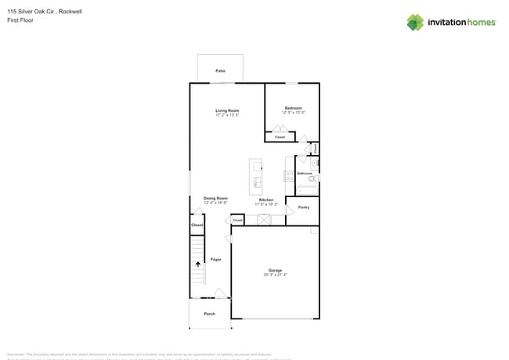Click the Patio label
coord(220,71)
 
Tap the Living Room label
coord(227,110)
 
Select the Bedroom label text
coord(293,108)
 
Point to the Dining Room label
coord(215,198)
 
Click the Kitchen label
coord(266,200)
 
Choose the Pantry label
coord(304,207)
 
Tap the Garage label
coord(276,271)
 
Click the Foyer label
coord(216,259)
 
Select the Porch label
coord(210,314)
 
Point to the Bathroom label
coord(305,173)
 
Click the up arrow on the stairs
coord(197,265)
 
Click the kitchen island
coord(256,177)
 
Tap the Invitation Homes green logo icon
coord(415,22)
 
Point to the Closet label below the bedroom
coord(280,137)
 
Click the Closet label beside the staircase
coord(197,225)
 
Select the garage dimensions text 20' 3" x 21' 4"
coord(276,275)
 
